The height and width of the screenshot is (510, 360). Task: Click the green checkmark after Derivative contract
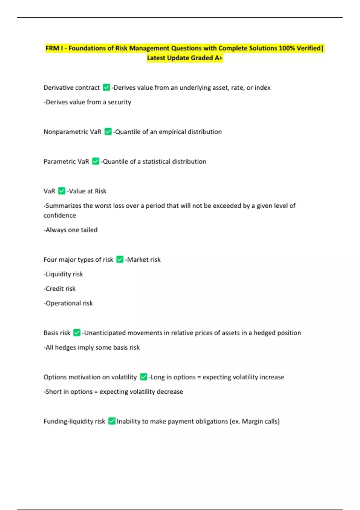106,87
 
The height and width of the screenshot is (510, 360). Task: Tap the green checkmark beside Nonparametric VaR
108,131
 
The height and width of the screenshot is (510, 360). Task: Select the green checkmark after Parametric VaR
96,161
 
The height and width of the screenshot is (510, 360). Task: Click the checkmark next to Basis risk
77,332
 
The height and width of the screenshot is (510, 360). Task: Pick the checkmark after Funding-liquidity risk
112,421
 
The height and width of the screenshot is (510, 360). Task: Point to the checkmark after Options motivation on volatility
143,377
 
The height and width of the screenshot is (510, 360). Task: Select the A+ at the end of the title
218,58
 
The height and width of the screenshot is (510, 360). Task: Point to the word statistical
157,161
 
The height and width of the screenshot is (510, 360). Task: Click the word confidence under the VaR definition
60,215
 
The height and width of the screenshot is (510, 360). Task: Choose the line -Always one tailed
70,230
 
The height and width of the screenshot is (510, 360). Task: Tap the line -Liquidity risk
63,274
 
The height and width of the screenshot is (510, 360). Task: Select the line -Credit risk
60,289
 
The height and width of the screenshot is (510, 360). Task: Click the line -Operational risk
68,303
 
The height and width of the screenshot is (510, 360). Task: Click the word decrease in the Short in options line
169,391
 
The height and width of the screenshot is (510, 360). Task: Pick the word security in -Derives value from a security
119,102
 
